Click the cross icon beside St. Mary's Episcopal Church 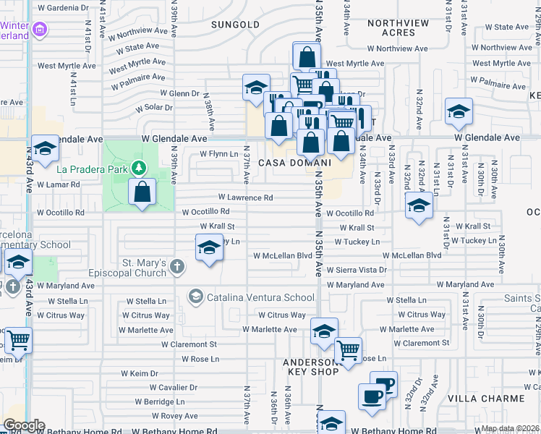pos(176,268)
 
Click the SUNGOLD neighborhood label pos(235,25)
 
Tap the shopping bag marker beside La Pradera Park pos(142,192)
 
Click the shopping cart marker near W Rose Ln pos(349,350)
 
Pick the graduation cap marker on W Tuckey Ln pos(209,248)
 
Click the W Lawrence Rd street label pos(246,197)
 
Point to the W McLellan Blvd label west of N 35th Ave pos(282,255)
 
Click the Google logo pos(23,425)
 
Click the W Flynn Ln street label pos(218,154)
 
